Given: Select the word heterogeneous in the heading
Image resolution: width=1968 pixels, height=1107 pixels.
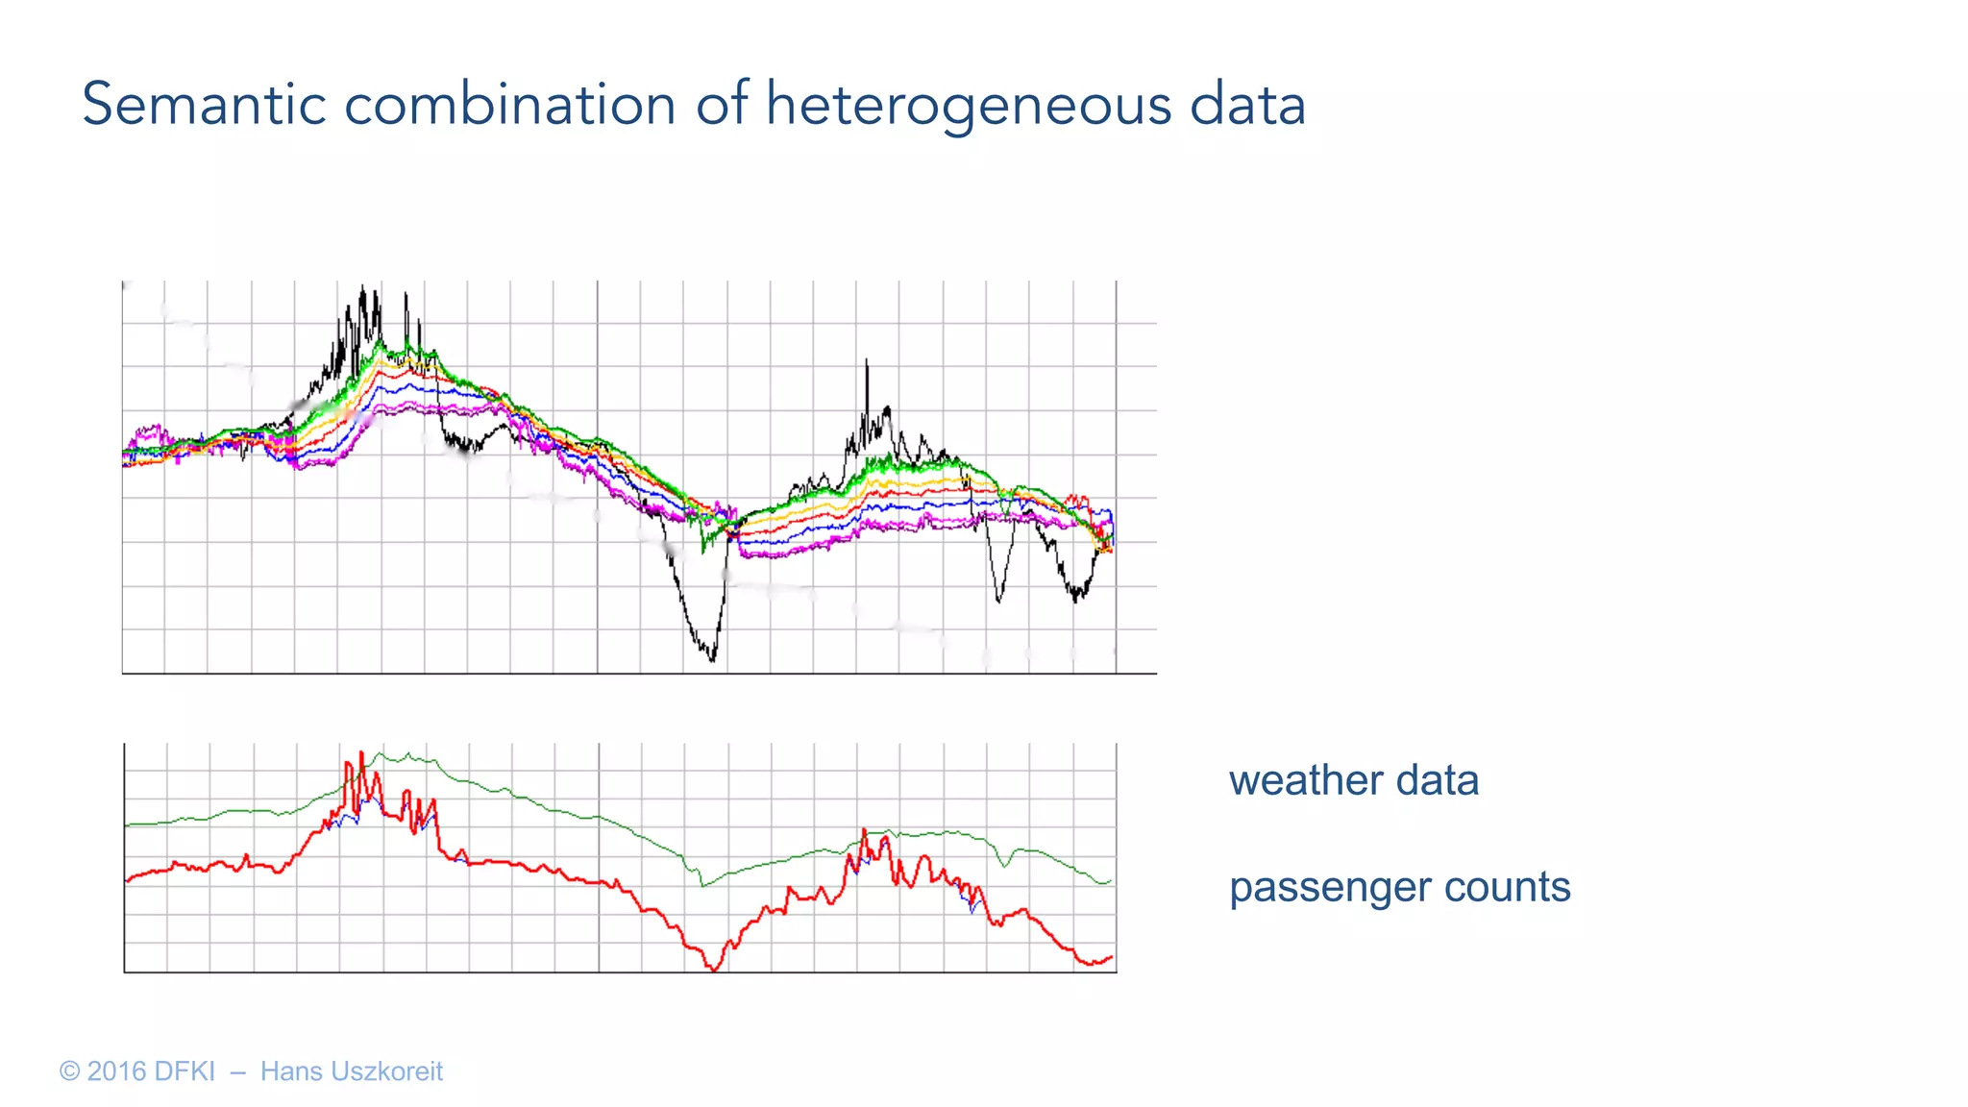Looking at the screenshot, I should (x=969, y=106).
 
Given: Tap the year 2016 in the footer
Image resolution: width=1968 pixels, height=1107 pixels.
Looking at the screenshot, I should (x=116, y=1071).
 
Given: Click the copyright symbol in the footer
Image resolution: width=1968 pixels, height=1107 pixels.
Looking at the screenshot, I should (x=69, y=1071).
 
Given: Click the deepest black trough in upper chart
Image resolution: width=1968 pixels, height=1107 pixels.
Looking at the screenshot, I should (x=712, y=659).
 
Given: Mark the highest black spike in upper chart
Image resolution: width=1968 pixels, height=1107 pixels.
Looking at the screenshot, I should (x=362, y=287).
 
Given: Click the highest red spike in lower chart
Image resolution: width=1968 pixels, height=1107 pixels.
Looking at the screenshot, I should (x=361, y=753).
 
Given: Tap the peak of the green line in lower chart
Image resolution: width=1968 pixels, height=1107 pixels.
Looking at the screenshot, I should (x=381, y=754).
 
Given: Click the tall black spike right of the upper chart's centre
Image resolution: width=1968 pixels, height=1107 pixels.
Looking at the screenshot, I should (x=867, y=362).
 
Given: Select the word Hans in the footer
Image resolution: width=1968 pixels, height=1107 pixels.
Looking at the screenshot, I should (x=290, y=1071).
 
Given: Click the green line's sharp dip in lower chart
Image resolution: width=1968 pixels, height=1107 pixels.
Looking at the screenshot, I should (x=702, y=885).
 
